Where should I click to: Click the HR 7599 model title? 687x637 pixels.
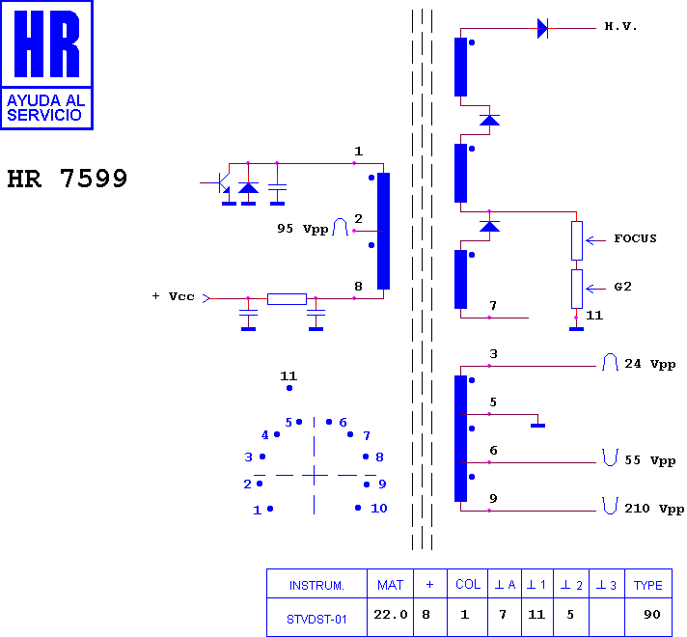coord(67,179)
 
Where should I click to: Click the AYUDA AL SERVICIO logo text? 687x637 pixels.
coord(45,108)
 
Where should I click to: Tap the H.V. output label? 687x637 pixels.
coord(620,26)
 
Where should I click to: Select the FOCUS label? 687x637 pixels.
coord(635,238)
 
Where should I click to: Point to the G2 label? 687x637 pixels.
coord(622,287)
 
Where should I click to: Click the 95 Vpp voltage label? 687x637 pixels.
coord(302,229)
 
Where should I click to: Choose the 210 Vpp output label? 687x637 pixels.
coord(653,509)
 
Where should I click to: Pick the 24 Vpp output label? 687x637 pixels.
coord(649,364)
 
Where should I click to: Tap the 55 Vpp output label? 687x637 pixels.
coord(649,460)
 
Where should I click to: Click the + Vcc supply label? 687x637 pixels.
coord(173,296)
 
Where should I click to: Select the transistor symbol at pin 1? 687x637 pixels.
coord(221,183)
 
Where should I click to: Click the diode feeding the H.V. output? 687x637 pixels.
coord(542,29)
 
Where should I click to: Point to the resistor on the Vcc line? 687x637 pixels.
coord(287,299)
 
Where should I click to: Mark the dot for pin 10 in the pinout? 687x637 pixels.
coord(358,508)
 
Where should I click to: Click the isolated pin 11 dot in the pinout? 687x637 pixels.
coord(289,388)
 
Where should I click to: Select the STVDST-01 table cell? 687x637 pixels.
coord(316,619)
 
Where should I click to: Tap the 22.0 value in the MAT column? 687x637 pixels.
coord(391,615)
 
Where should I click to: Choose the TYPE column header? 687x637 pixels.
coord(648,585)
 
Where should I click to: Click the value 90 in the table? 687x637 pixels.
coord(652,615)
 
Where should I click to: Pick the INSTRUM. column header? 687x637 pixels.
coord(316,585)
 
